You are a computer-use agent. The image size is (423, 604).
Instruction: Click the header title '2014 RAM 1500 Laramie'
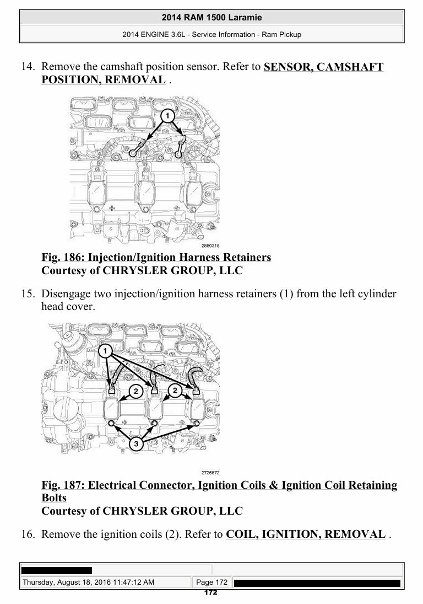click(x=211, y=17)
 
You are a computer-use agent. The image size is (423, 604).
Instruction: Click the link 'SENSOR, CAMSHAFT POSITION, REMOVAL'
click(x=212, y=73)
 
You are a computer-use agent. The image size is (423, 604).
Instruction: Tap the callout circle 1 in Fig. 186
click(x=167, y=116)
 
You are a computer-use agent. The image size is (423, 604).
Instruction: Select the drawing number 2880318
click(x=210, y=245)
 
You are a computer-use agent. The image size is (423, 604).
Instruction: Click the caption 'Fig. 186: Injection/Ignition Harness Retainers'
click(x=156, y=257)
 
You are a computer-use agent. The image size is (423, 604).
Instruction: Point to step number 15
click(x=28, y=293)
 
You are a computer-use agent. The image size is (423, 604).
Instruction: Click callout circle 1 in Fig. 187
click(x=105, y=351)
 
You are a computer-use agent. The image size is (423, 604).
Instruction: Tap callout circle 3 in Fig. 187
click(x=135, y=444)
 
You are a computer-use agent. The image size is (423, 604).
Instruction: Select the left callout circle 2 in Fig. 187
click(x=135, y=392)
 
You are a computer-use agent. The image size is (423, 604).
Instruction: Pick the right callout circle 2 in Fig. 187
click(x=175, y=391)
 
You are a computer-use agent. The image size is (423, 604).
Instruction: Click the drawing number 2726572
click(x=210, y=473)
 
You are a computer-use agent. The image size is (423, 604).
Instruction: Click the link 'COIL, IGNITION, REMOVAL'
click(x=306, y=534)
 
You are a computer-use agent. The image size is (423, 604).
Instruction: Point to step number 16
click(x=28, y=534)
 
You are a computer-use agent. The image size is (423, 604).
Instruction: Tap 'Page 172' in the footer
click(x=211, y=582)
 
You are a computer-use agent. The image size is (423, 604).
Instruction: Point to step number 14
click(x=28, y=66)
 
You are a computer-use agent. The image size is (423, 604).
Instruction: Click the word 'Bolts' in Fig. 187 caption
click(x=54, y=498)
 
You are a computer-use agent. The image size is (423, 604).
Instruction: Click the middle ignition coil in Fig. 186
click(x=146, y=189)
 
